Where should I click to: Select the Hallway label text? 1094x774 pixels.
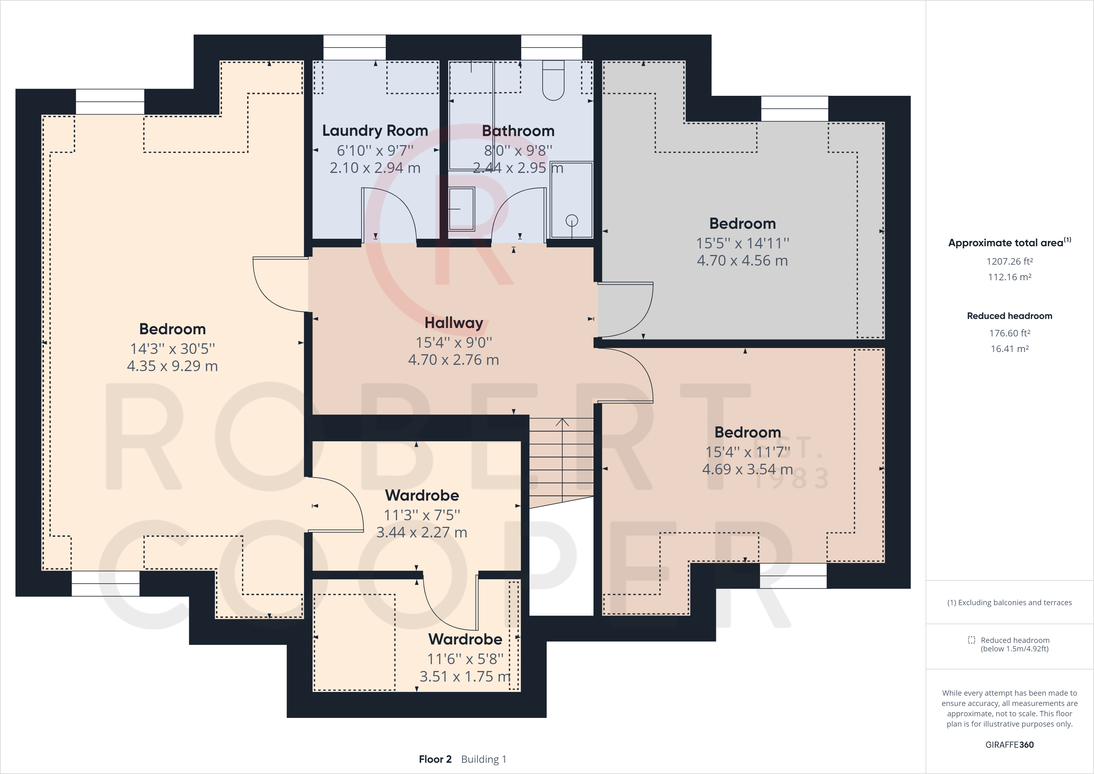[x=454, y=322]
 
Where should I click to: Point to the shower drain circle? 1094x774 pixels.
[x=572, y=220]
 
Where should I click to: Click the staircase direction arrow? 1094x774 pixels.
[x=562, y=422]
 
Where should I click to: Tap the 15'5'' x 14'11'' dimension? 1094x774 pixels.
[x=742, y=243]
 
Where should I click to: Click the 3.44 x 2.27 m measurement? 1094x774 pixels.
[x=422, y=532]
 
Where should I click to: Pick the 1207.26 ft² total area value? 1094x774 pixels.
[x=1009, y=261]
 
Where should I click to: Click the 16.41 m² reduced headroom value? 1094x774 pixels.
[x=1009, y=349]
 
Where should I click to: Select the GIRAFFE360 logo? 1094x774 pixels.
[x=1009, y=744]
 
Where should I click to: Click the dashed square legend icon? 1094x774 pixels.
[x=971, y=640]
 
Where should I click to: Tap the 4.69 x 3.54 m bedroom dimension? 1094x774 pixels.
[x=747, y=469]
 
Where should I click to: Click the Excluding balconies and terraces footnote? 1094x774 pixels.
[x=1009, y=602]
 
